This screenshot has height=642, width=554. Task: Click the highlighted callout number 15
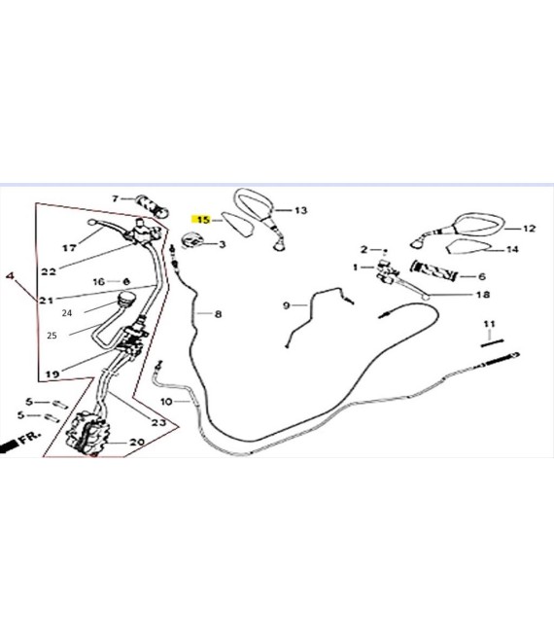tap(203, 220)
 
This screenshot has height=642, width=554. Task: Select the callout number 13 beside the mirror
tap(300, 210)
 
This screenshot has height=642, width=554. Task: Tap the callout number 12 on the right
tap(529, 229)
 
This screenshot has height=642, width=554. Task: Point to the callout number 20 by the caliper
tap(137, 443)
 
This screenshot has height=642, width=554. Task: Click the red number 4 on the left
tap(10, 275)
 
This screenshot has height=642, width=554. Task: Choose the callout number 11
tap(489, 324)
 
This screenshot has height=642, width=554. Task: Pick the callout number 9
tap(287, 305)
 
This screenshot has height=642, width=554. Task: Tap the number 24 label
tap(67, 313)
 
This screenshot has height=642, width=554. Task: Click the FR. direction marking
tap(30, 437)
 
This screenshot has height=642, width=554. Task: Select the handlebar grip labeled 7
tap(153, 206)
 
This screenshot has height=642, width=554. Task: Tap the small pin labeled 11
tap(492, 342)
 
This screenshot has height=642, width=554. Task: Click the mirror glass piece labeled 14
tap(467, 247)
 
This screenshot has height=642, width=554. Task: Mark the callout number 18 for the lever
tap(483, 295)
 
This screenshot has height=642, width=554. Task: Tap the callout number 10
tap(166, 402)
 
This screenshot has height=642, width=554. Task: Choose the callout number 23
tap(158, 422)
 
